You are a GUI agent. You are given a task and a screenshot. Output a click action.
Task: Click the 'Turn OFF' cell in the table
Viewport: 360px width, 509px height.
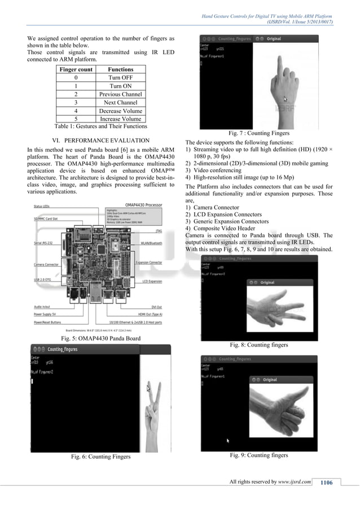(120, 78)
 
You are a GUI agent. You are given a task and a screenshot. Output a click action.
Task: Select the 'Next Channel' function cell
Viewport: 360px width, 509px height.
(120, 103)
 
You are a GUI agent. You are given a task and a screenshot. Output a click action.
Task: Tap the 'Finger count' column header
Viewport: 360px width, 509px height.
(76, 69)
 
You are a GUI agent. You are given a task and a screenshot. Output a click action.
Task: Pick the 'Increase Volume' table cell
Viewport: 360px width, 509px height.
(120, 119)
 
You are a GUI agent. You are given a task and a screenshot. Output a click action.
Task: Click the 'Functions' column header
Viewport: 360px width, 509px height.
(120, 69)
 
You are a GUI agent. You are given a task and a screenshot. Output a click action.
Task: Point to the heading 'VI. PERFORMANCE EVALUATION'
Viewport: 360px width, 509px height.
(100, 139)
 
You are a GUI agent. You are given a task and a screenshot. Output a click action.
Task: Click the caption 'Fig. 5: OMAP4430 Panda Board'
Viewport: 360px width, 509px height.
(100, 338)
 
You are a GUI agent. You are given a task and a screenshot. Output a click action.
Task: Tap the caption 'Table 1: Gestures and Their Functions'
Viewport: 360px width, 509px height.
(100, 126)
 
